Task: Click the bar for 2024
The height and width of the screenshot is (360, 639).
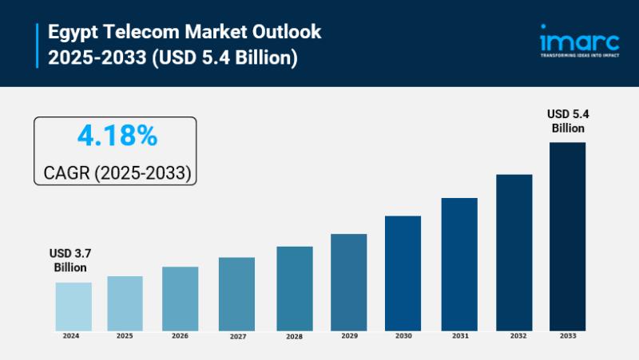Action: pos(73,307)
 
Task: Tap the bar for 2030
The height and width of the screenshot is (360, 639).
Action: pos(403,273)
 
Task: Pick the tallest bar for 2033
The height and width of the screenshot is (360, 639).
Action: pos(567,236)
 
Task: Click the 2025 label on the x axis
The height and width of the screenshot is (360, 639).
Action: pos(125,336)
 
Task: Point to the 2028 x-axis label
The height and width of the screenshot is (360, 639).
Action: pos(294,337)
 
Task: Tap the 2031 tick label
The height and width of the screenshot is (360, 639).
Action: pos(459,336)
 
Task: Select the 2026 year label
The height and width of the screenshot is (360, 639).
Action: pos(180,336)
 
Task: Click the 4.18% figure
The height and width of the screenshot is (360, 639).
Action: pos(117,136)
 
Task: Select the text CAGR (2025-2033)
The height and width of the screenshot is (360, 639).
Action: pos(117,172)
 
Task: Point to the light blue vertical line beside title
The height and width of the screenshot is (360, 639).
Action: pos(37,45)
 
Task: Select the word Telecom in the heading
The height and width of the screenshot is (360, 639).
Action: pos(137,33)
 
